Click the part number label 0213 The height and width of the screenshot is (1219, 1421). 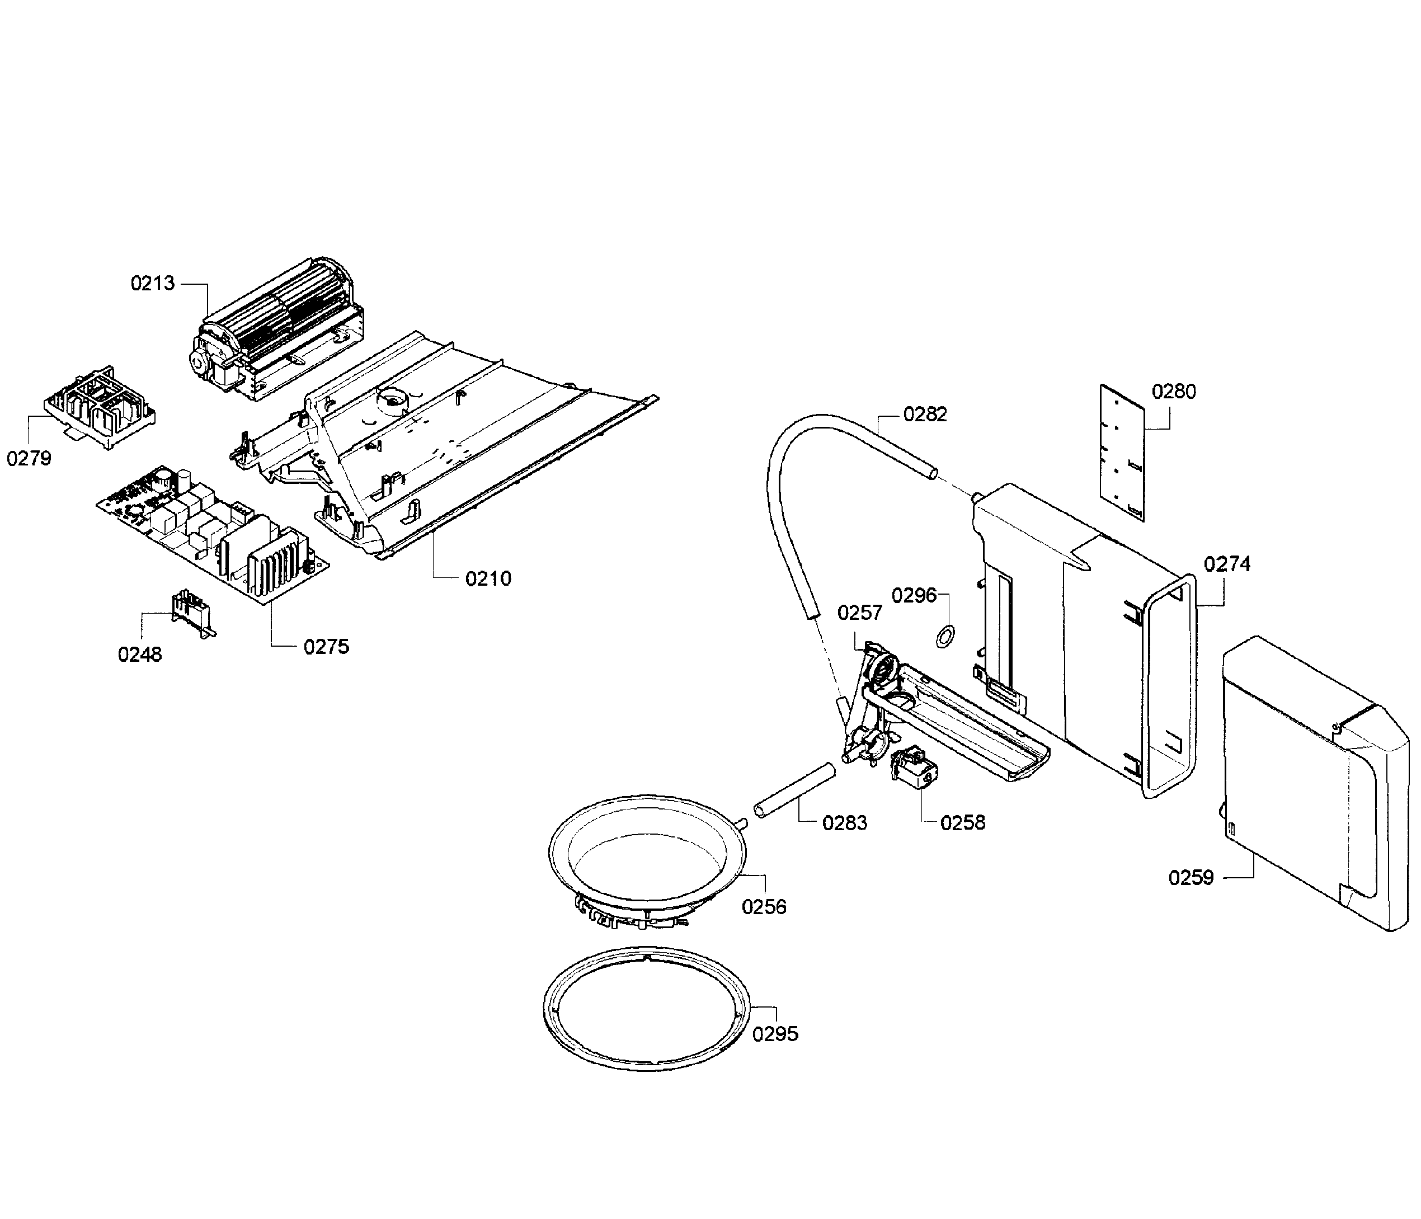click(x=152, y=283)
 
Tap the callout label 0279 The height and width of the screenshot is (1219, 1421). click(x=29, y=458)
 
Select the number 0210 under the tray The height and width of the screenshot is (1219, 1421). click(x=488, y=578)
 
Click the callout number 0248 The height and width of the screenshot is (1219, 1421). click(x=140, y=655)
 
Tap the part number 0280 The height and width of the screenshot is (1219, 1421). click(x=1173, y=392)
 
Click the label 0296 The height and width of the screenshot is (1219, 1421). click(x=914, y=595)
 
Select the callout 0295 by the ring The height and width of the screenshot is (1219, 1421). click(x=775, y=1034)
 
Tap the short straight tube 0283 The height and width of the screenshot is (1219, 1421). click(x=794, y=790)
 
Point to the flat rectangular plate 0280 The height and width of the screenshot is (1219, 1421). click(x=1123, y=451)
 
